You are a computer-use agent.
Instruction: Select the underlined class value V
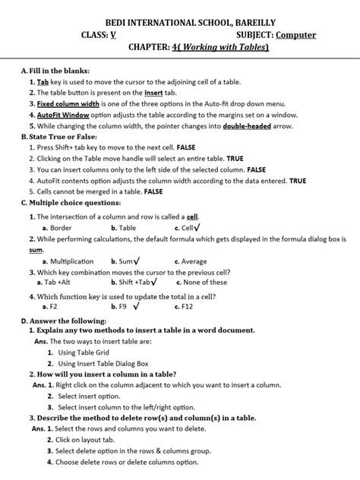click(113, 35)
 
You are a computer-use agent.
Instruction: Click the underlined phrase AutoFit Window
click(60, 115)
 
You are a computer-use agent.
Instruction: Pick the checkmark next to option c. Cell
click(197, 227)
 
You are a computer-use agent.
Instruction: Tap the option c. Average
click(190, 261)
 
